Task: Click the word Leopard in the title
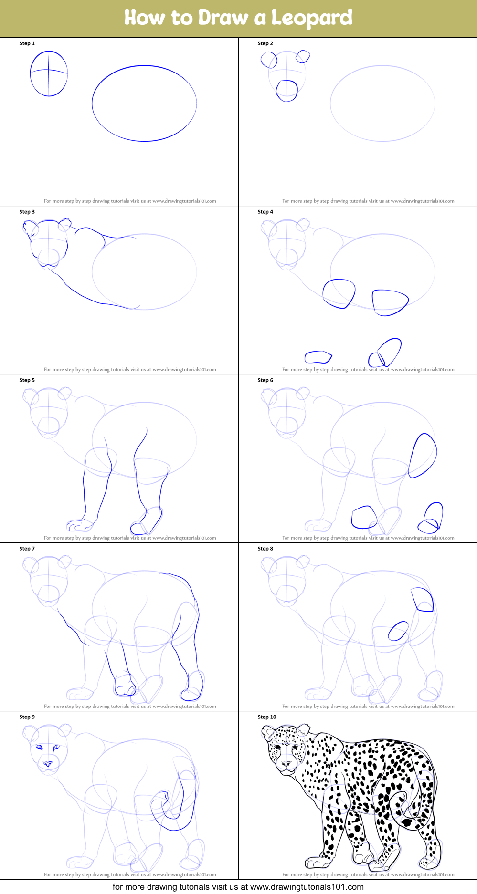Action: click(312, 18)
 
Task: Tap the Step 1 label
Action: click(27, 43)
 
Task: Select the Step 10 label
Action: click(267, 717)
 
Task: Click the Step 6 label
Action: click(265, 380)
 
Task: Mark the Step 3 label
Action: click(27, 212)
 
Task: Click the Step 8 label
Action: click(265, 549)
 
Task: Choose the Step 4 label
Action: click(265, 212)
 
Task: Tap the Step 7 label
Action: click(27, 549)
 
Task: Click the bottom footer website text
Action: click(238, 887)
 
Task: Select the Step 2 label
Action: click(265, 43)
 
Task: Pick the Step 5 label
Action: click(27, 380)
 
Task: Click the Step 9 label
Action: click(27, 717)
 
